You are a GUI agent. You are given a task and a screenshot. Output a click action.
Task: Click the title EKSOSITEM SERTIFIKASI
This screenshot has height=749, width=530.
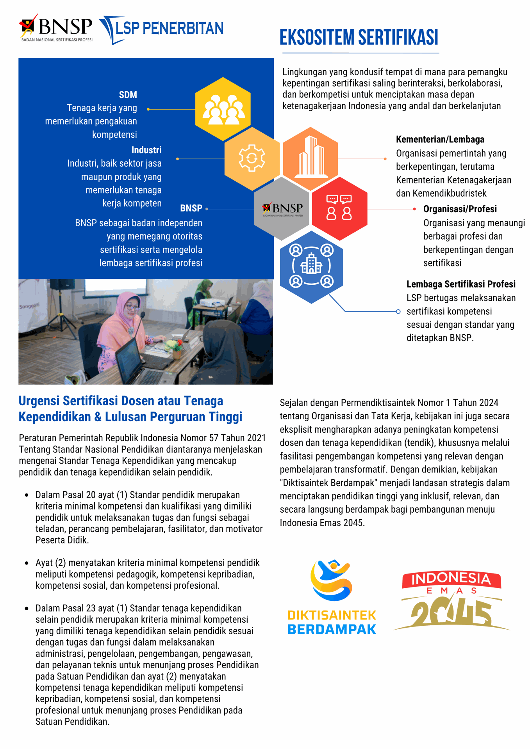pyautogui.click(x=359, y=38)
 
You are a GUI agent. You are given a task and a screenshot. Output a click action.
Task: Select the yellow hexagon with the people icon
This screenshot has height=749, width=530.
pyautogui.click(x=223, y=109)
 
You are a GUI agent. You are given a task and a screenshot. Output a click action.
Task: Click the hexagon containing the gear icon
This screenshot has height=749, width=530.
pyautogui.click(x=252, y=158)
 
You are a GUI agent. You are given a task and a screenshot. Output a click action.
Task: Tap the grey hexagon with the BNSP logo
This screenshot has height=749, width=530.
pyautogui.click(x=282, y=209)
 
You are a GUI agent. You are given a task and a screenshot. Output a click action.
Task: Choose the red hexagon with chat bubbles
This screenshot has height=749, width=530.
pyautogui.click(x=339, y=209)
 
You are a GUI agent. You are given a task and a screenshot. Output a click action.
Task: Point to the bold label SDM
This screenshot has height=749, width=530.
pyautogui.click(x=128, y=95)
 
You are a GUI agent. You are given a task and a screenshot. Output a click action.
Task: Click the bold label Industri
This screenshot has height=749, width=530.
pyautogui.click(x=146, y=150)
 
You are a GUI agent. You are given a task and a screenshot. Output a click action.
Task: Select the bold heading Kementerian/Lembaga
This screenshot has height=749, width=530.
pyautogui.click(x=440, y=140)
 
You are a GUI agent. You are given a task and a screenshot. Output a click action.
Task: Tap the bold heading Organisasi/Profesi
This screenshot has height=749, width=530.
pyautogui.click(x=460, y=209)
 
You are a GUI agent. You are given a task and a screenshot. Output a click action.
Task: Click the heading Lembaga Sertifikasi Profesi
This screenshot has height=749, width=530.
pyautogui.click(x=461, y=284)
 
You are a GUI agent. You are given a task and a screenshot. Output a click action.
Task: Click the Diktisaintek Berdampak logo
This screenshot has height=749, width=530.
pyautogui.click(x=332, y=597)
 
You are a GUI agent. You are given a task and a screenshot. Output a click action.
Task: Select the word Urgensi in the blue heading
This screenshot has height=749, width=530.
pyautogui.click(x=39, y=401)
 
